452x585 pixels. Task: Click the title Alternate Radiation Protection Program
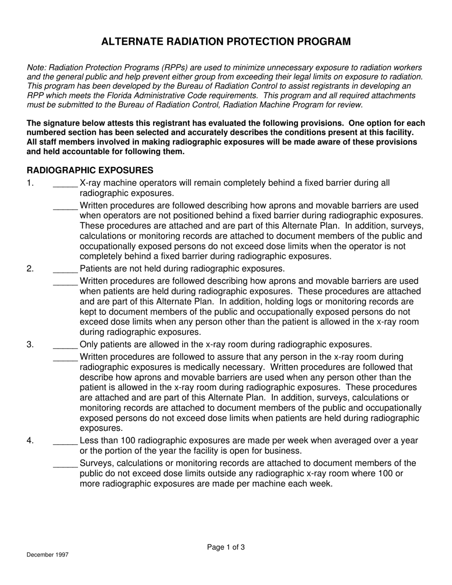coord(226,42)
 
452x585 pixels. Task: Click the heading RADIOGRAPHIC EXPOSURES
coord(90,170)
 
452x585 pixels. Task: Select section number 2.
coord(30,269)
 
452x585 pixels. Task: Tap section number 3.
coord(30,345)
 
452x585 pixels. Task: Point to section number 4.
coord(30,441)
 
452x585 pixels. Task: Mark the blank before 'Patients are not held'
coord(65,270)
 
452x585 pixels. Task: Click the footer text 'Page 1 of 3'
coord(226,547)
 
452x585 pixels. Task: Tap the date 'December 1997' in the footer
coord(48,555)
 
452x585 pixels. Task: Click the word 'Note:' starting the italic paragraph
coord(37,68)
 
